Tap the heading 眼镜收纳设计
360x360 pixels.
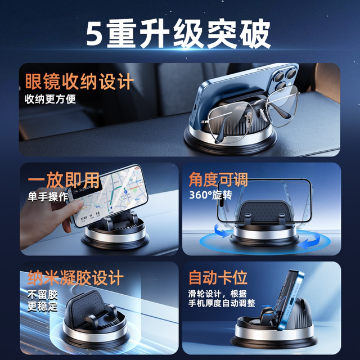click(78, 82)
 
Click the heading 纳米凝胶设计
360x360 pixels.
click(75, 277)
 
